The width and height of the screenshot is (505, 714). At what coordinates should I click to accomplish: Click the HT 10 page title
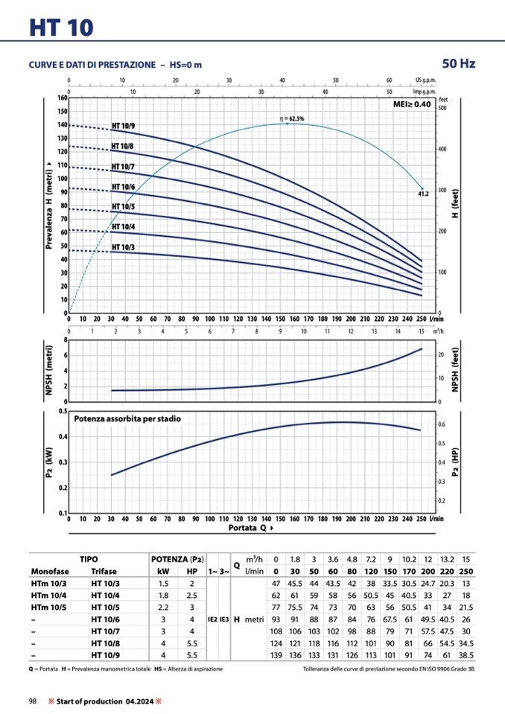pyautogui.click(x=62, y=28)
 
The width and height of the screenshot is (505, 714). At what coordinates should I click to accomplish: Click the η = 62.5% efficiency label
pyautogui.click(x=291, y=118)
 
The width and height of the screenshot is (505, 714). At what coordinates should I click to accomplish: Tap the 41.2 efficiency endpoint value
pyautogui.click(x=424, y=194)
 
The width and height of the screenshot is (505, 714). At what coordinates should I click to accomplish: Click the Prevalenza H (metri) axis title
pyautogui.click(x=49, y=206)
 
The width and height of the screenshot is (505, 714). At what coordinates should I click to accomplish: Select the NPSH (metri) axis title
pyautogui.click(x=49, y=370)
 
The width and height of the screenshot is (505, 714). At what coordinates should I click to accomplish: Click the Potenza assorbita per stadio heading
pyautogui.click(x=127, y=419)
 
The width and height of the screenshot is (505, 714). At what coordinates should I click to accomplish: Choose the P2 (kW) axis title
pyautogui.click(x=49, y=462)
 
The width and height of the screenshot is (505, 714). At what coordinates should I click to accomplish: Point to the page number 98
pyautogui.click(x=33, y=701)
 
